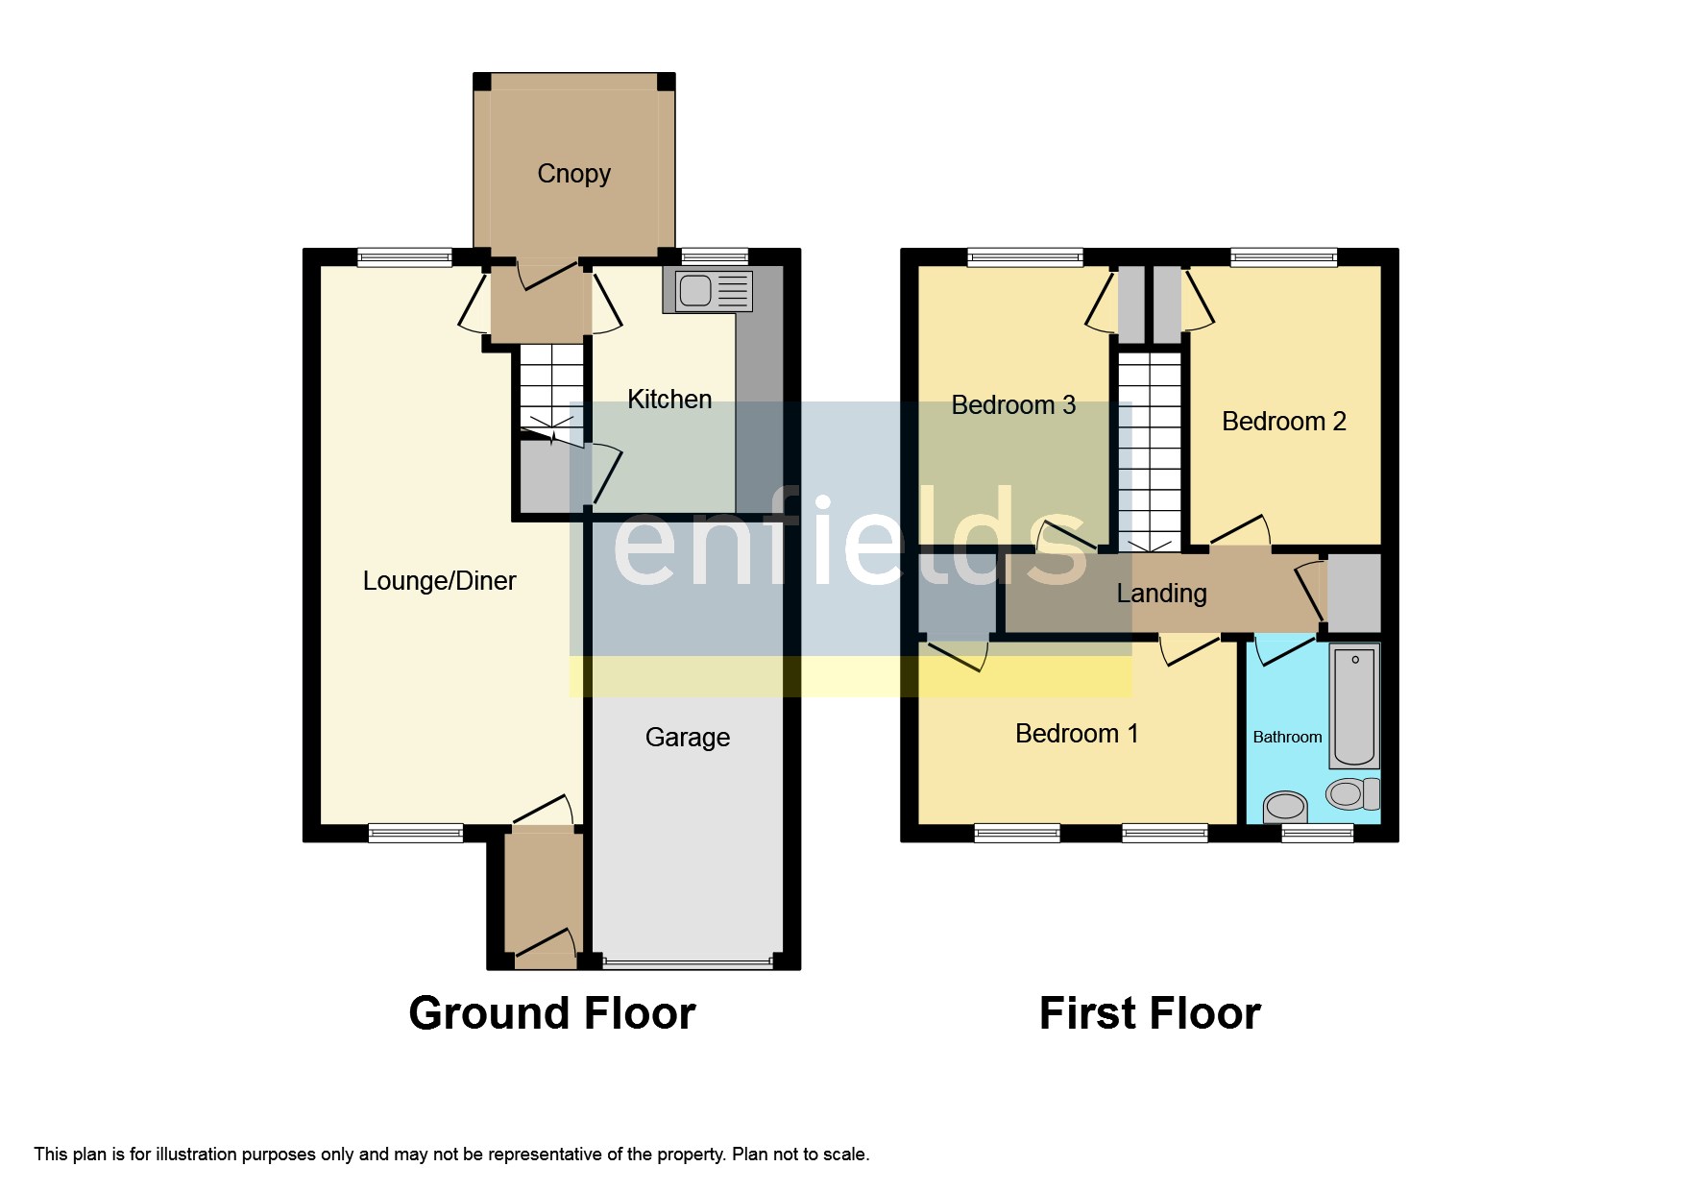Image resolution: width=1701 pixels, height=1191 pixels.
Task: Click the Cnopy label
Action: (573, 174)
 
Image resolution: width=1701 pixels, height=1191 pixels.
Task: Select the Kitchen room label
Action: (669, 400)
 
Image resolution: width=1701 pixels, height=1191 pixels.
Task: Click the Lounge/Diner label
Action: (439, 581)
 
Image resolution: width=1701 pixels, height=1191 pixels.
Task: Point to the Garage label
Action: (687, 738)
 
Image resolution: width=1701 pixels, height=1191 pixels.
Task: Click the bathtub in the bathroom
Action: (1354, 706)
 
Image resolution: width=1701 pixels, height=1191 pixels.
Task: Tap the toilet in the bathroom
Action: (1351, 793)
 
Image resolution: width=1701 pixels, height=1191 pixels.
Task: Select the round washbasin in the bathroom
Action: (1285, 806)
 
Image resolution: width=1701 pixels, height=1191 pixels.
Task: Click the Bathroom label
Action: (1287, 737)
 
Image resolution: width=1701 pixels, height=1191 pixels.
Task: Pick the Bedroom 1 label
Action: (1077, 734)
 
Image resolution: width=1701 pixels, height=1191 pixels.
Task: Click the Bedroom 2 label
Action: (1283, 422)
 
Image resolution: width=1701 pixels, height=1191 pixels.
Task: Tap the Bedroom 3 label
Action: (1013, 405)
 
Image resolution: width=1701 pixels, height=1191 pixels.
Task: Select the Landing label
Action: (1161, 594)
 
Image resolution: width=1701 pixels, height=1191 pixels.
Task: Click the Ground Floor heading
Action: (551, 1014)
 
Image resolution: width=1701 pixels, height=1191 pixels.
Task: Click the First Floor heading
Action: (1150, 1014)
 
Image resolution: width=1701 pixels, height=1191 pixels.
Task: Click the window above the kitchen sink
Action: (714, 256)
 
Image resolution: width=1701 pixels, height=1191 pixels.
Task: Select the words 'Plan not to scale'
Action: (800, 1155)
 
